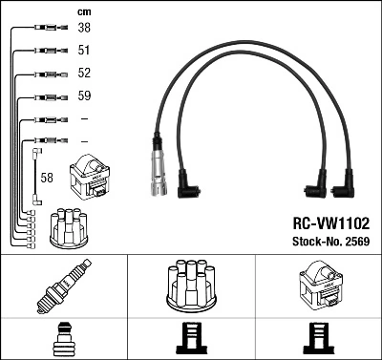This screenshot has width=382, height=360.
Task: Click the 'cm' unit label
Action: (83, 11)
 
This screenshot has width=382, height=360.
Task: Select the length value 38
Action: (84, 29)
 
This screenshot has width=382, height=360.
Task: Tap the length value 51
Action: (84, 51)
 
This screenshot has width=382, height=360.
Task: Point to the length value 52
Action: (84, 74)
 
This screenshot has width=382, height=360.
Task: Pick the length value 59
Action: (84, 96)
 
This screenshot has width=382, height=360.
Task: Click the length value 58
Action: (47, 178)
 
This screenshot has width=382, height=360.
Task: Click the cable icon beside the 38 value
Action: (47, 29)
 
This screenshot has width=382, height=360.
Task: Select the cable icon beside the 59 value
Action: (47, 96)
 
